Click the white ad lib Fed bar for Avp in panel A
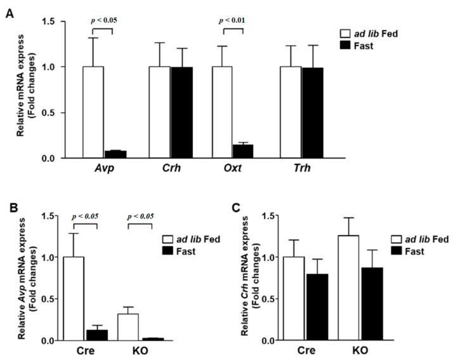click(93, 112)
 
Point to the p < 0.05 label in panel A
click(103, 20)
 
